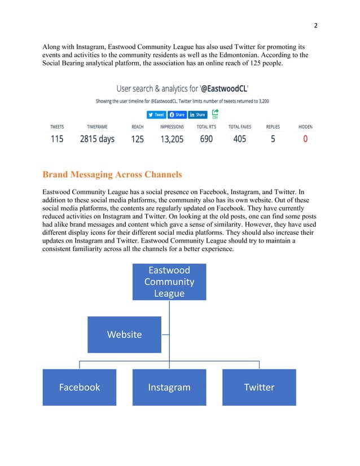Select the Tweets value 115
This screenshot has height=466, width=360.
pos(57,138)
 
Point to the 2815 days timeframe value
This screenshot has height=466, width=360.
pos(97,138)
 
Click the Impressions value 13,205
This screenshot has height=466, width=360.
pos(172,138)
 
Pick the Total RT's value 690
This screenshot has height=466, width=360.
pos(206,138)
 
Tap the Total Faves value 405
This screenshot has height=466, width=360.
pos(239,138)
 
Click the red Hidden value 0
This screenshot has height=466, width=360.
pos(305,138)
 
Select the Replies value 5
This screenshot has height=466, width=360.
pos(273,138)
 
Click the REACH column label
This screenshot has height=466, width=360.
pos(137,127)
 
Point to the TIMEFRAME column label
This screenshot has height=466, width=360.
pos(97,127)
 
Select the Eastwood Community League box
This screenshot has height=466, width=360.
pos(169,282)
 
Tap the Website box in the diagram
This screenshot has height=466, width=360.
pos(124,335)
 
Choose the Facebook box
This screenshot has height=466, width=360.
pos(80,387)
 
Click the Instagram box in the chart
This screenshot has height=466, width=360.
pos(169,387)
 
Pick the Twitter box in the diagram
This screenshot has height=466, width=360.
pos(259,387)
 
